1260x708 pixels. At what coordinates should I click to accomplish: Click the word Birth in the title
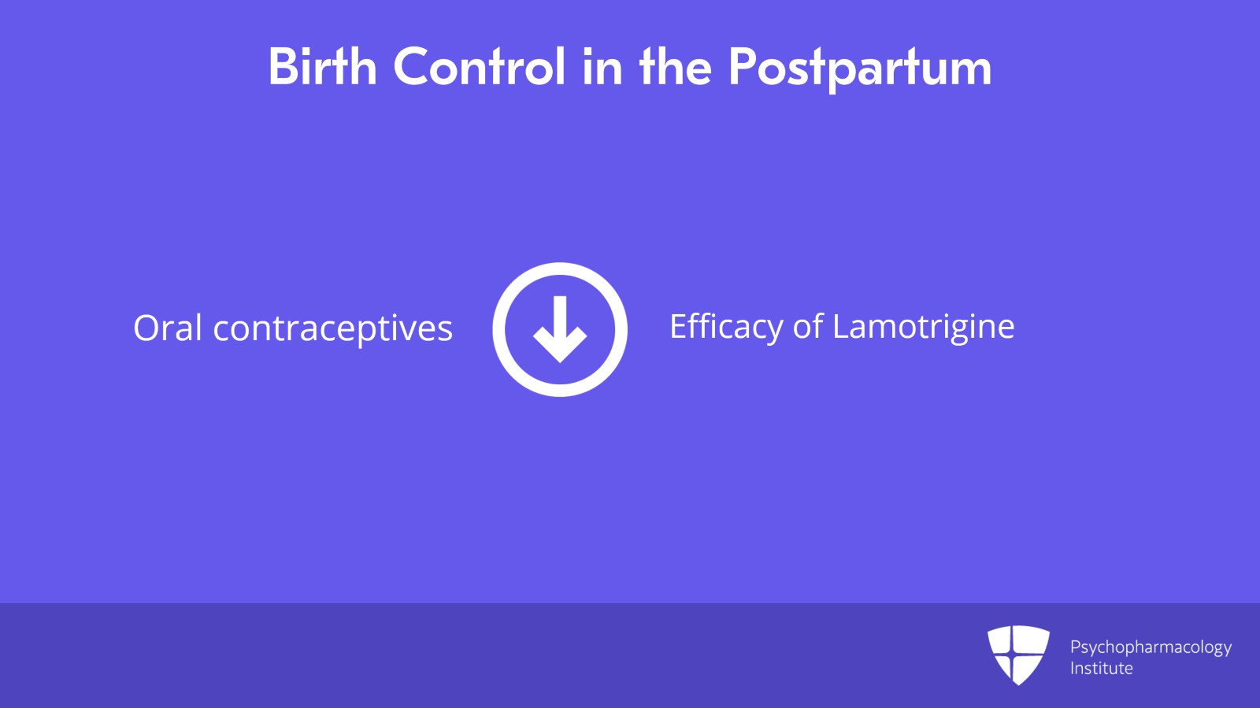pos(322,66)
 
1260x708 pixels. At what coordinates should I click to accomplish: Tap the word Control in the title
pos(479,66)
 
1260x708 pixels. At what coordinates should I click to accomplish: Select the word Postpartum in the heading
pos(859,68)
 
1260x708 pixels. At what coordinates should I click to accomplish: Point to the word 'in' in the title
pos(602,66)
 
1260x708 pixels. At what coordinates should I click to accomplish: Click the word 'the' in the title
pos(676,66)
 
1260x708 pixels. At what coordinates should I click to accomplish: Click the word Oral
pos(168,328)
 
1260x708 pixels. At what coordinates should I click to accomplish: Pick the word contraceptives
pos(332,329)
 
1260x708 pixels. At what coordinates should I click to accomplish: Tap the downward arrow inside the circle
pos(560,329)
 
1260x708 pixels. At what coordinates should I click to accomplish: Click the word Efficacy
pos(725,327)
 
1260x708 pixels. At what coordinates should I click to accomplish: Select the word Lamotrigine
pos(923,327)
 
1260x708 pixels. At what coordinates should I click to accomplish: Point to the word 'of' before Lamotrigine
pos(807,327)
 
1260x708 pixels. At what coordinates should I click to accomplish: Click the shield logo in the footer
pos(1018,654)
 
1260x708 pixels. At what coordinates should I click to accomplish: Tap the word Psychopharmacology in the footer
pos(1150,647)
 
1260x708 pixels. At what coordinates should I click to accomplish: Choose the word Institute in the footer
pos(1101,669)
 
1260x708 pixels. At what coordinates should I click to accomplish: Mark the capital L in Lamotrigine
pos(840,326)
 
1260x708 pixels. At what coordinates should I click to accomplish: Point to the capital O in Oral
pos(147,328)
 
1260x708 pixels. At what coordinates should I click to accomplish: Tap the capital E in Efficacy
pos(678,326)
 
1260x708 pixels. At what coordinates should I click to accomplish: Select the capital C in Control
pos(411,66)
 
